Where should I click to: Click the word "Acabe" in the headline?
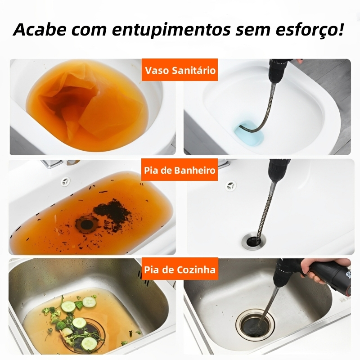(x=40, y=29)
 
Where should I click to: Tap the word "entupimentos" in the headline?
(x=171, y=30)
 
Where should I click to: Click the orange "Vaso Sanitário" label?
(x=180, y=70)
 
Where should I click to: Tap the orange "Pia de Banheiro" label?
(x=180, y=170)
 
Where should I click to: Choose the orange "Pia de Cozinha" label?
(x=180, y=269)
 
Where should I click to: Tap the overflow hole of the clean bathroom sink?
(x=230, y=186)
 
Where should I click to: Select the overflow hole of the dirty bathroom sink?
(x=66, y=181)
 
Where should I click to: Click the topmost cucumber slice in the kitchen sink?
(x=89, y=302)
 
